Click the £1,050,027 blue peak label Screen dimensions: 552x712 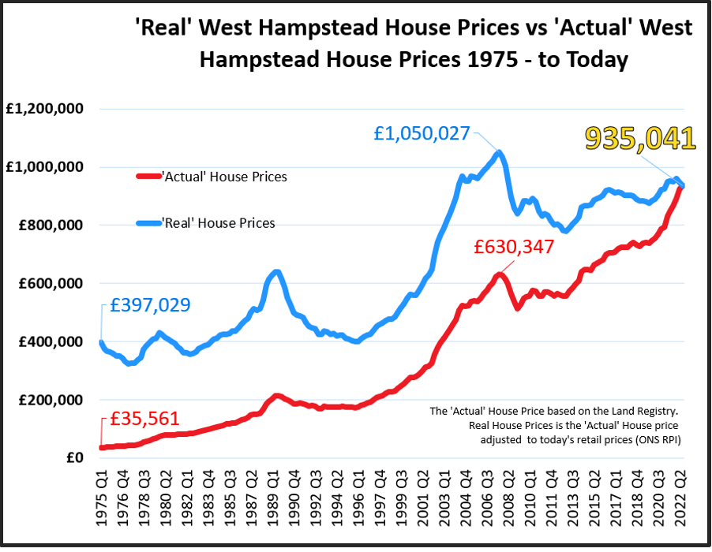[x=422, y=134]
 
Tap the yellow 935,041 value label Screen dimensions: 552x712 [x=640, y=138]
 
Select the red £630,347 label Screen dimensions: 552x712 [x=515, y=246]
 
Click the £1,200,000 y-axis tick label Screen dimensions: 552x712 [x=45, y=109]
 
